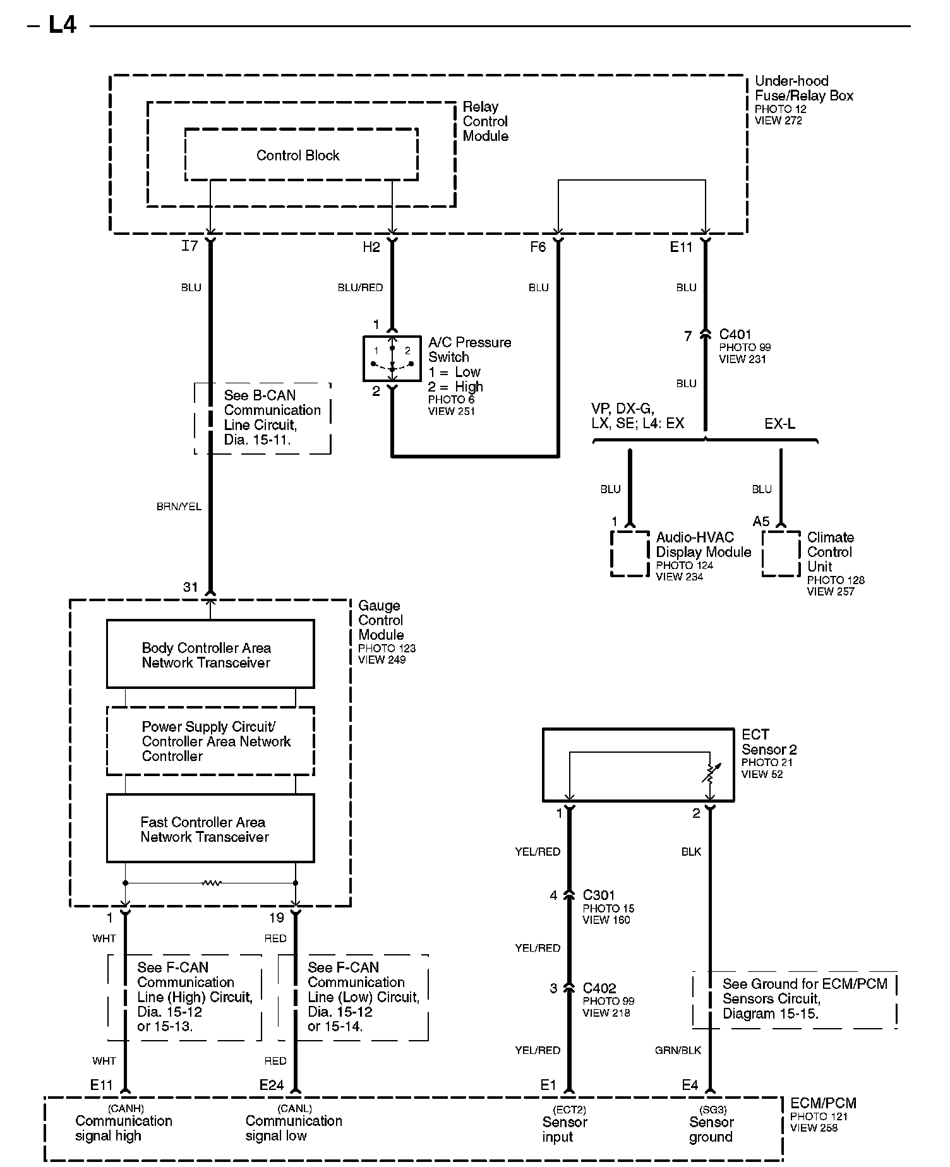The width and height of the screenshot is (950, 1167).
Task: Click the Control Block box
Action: pos(301,155)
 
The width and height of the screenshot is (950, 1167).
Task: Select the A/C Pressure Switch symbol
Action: pos(392,358)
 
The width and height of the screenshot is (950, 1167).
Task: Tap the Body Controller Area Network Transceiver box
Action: pos(210,654)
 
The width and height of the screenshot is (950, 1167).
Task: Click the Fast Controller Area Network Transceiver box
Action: pos(210,829)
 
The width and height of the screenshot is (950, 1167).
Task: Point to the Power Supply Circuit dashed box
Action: pos(210,741)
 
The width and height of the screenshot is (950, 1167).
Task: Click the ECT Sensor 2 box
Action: pos(638,765)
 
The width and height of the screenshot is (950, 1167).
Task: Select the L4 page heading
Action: pos(63,25)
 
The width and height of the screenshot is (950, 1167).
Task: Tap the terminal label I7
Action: pos(189,246)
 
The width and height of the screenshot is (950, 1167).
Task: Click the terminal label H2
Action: pos(371,247)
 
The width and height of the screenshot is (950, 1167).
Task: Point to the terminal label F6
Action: pos(538,247)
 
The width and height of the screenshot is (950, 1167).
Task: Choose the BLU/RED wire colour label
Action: pos(360,288)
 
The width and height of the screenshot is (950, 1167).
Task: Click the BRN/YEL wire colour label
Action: pos(179,506)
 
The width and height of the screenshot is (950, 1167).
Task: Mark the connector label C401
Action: pos(735,335)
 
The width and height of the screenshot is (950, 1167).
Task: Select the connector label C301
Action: pos(599,895)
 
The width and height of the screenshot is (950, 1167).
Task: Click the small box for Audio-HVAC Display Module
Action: pos(630,554)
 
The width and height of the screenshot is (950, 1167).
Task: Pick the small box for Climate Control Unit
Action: pos(781,554)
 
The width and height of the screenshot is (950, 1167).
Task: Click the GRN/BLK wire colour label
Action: pos(678,1050)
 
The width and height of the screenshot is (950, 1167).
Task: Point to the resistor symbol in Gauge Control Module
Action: pos(211,883)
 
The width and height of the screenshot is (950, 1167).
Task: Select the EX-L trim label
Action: pos(779,424)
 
